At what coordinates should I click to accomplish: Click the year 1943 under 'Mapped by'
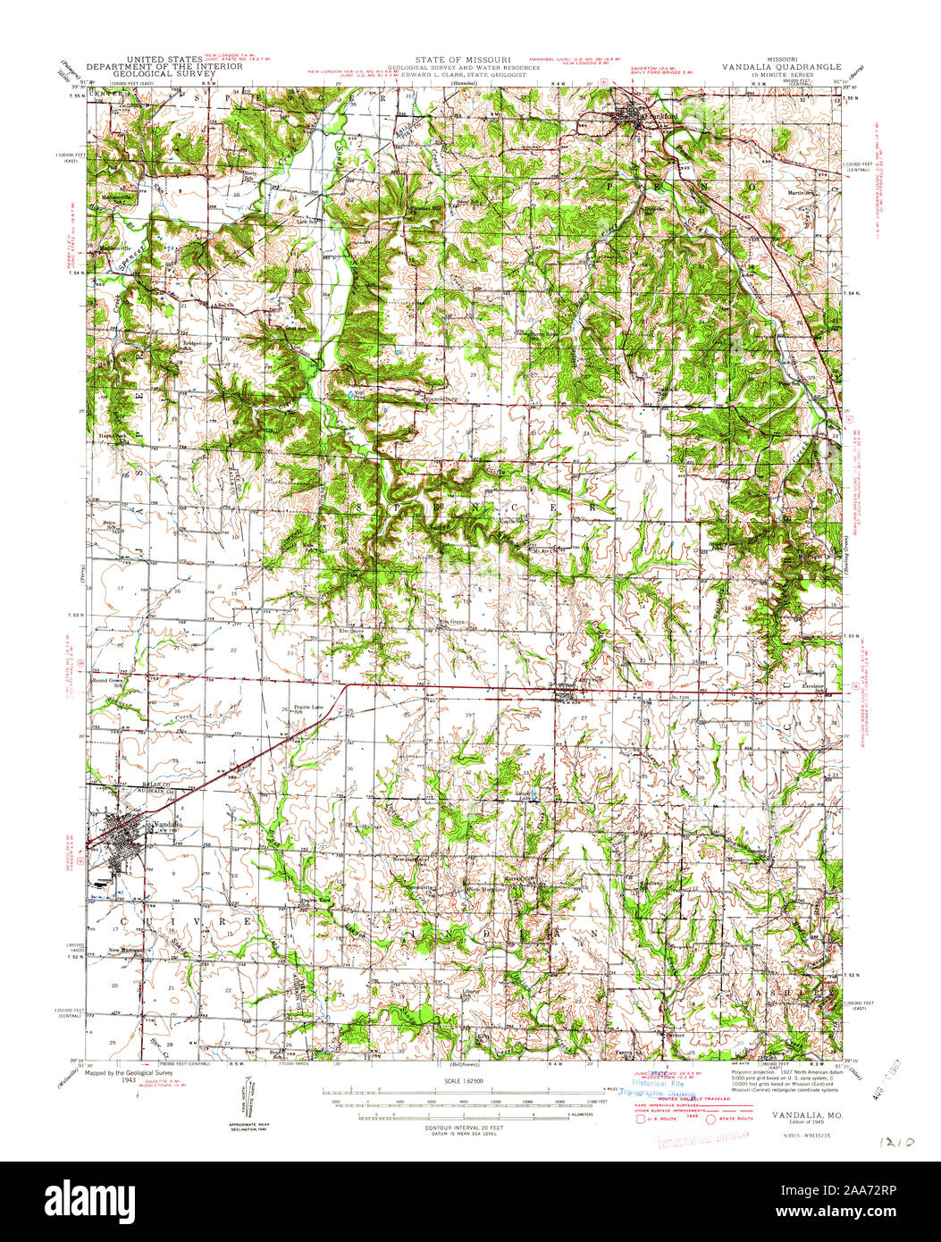[129, 1080]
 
